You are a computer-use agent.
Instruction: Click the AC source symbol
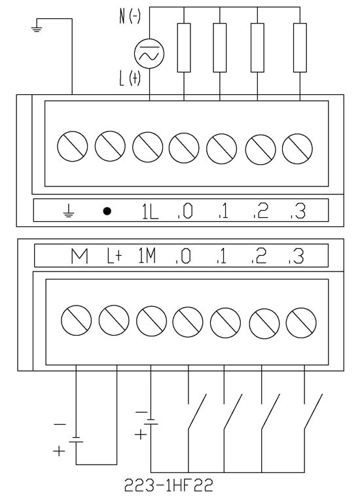pyautogui.click(x=149, y=54)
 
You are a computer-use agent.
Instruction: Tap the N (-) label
pyautogui.click(x=130, y=16)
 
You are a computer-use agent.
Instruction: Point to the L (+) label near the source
pyautogui.click(x=130, y=78)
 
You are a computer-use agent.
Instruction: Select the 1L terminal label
pyautogui.click(x=150, y=211)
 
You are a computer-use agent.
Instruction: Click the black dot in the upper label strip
pyautogui.click(x=107, y=211)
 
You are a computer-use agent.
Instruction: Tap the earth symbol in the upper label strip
pyautogui.click(x=68, y=211)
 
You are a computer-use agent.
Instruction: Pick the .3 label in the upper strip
pyautogui.click(x=298, y=211)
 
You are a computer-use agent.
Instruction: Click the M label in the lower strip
pyautogui.click(x=79, y=257)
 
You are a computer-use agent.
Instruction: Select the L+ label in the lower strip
pyautogui.click(x=113, y=257)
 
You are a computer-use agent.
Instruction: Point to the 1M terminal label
pyautogui.click(x=147, y=256)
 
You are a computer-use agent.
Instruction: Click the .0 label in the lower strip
pyautogui.click(x=183, y=257)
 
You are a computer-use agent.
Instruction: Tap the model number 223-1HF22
pyautogui.click(x=168, y=486)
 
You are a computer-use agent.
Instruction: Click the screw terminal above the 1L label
pyautogui.click(x=148, y=147)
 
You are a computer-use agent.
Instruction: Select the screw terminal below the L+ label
pyautogui.click(x=114, y=320)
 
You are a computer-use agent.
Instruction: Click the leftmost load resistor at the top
pyautogui.click(x=184, y=48)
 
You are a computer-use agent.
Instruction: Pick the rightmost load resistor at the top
pyautogui.click(x=300, y=48)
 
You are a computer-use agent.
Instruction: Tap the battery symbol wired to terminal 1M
pyautogui.click(x=151, y=422)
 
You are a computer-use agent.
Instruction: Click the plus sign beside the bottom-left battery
pyautogui.click(x=59, y=450)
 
